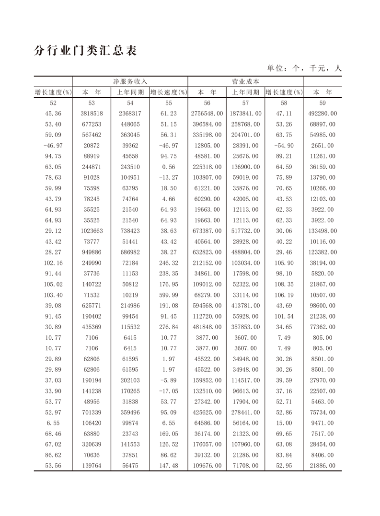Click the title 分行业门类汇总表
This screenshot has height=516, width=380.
[x=86, y=51]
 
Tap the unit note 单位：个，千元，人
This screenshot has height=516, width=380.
[x=304, y=68]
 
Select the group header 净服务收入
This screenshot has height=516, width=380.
[x=130, y=81]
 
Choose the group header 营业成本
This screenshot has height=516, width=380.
[x=245, y=81]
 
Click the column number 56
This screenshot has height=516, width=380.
[x=207, y=103]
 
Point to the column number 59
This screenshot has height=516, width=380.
[x=322, y=103]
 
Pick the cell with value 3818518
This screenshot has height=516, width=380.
[x=92, y=114]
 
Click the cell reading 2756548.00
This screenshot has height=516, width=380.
[x=207, y=114]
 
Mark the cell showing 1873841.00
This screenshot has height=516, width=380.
[x=245, y=114]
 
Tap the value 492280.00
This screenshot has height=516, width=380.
[x=322, y=114]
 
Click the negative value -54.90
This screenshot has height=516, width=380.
[x=284, y=146]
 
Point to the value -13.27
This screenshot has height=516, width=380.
[x=168, y=178]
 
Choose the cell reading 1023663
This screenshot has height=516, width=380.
[x=92, y=231]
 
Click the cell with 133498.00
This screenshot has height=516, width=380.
[x=322, y=231]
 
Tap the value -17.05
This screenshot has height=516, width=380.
[x=168, y=391]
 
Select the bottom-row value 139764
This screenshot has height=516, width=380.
[x=92, y=466]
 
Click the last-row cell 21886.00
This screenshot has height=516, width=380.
[x=322, y=466]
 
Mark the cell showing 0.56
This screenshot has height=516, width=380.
[x=168, y=167]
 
